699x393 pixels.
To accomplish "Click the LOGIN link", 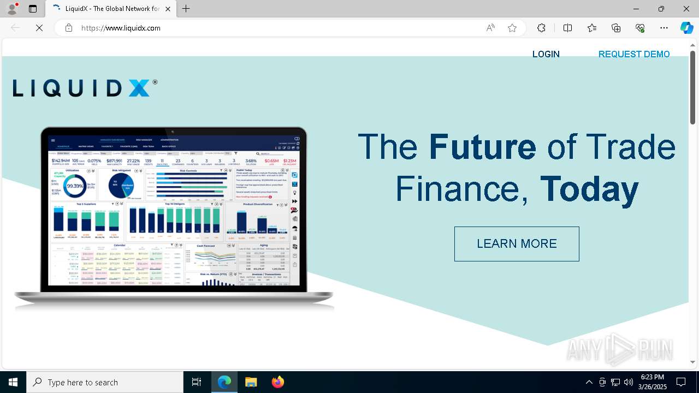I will tap(546, 54).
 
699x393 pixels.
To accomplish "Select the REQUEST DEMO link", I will tap(634, 54).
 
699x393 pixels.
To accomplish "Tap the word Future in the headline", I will tap(482, 147).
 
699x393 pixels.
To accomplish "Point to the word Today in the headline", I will tap(589, 189).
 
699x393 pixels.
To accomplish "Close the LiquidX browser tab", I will tap(168, 9).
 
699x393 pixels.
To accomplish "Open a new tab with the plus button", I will tap(186, 9).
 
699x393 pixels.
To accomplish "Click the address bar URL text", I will tap(121, 28).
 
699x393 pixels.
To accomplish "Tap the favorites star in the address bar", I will tap(512, 28).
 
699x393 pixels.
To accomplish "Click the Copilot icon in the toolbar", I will tap(686, 28).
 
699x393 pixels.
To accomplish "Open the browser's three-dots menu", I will tap(664, 28).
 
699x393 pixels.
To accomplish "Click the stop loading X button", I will tap(39, 28).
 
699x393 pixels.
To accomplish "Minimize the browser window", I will tap(636, 9).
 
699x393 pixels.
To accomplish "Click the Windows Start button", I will tap(13, 382).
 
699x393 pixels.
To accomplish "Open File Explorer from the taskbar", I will tap(251, 382).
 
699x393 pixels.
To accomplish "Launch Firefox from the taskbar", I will tap(278, 382).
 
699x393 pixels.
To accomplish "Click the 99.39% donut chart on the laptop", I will tap(75, 186).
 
